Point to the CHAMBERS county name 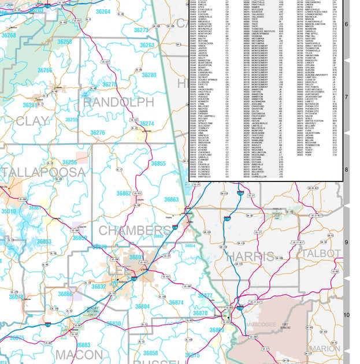point(134,231)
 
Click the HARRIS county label point(250,256)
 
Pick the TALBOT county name point(321,254)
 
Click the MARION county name point(325,348)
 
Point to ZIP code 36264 point(103,12)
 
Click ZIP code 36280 point(149,75)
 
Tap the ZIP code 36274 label point(147,124)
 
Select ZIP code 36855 point(158,164)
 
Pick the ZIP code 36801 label point(136,257)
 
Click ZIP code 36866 point(65,294)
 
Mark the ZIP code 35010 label point(9,211)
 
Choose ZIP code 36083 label point(83,345)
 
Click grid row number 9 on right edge point(347,243)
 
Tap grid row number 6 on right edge point(347,24)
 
